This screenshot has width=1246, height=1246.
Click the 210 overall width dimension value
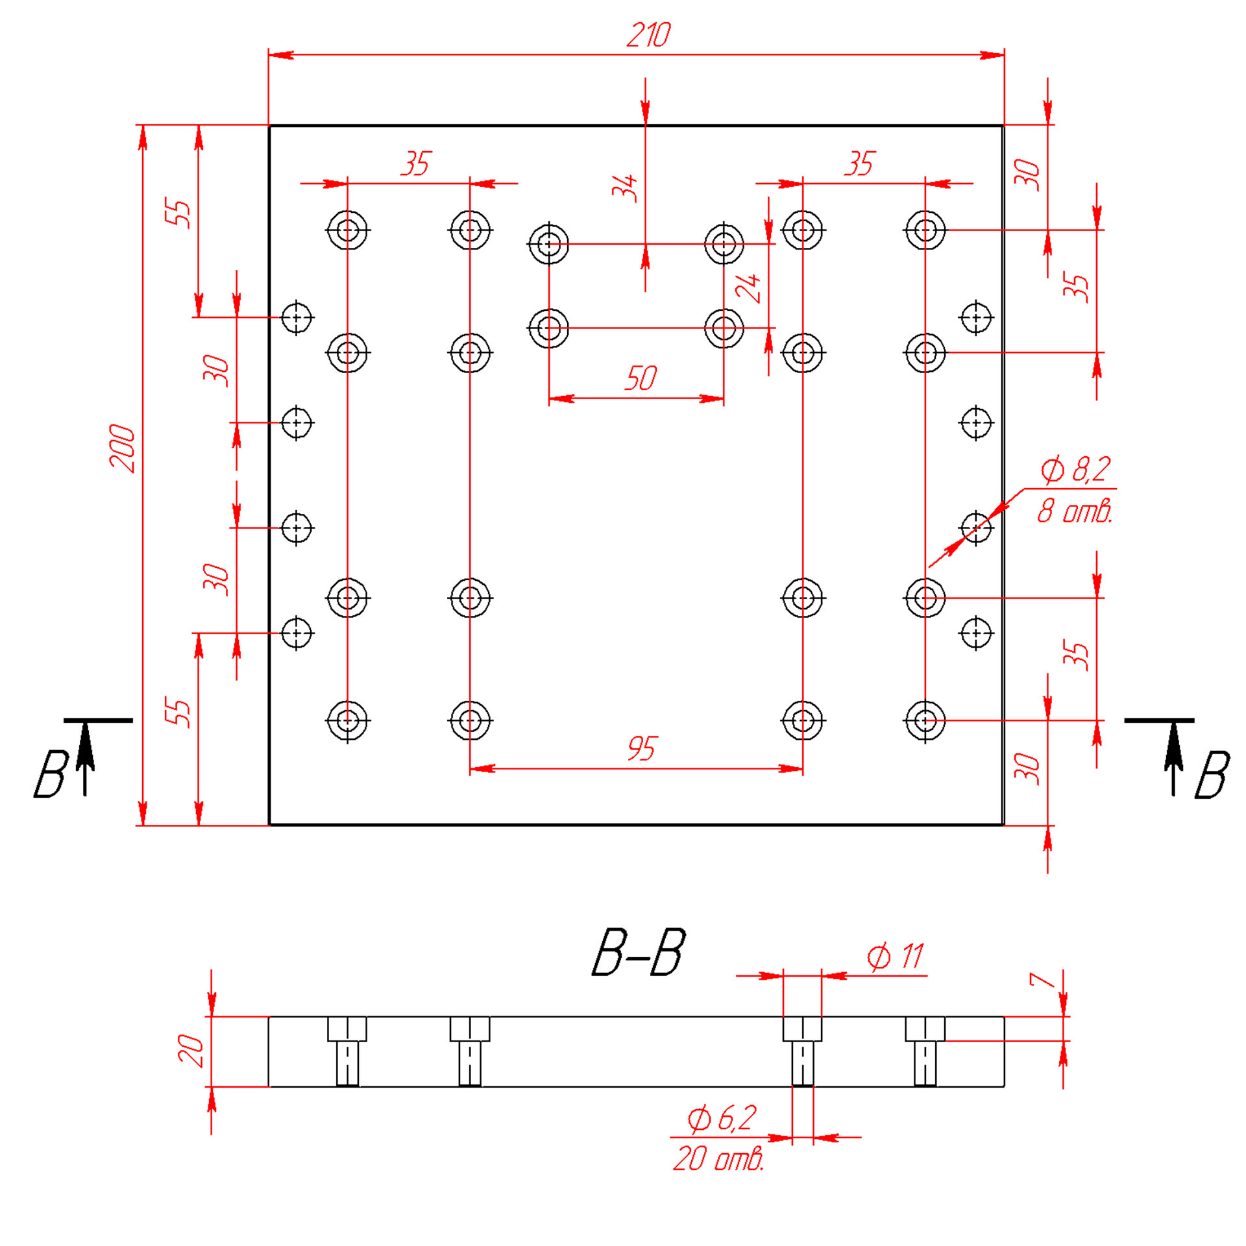pos(648,35)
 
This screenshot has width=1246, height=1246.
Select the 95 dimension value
pos(642,748)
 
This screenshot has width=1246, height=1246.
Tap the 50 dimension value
pos(641,378)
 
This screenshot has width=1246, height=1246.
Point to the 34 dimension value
pos(624,188)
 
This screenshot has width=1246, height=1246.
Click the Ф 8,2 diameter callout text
pos(1075,469)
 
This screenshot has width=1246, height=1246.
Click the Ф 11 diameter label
pos(896,957)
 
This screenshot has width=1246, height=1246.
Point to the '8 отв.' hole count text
pos(1075,511)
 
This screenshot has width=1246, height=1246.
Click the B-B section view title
pos(639,953)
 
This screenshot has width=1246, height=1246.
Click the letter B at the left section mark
pos(51,774)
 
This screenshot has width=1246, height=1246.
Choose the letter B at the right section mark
pos(1212,775)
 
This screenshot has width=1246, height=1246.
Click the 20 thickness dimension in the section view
pos(191,1051)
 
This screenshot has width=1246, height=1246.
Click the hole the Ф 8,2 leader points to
pos(975,527)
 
